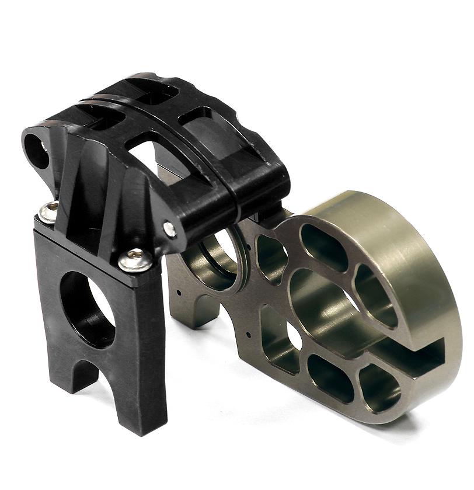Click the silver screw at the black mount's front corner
coord(136,259)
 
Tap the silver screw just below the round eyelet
coord(49,211)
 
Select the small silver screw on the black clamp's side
coord(170,230)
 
